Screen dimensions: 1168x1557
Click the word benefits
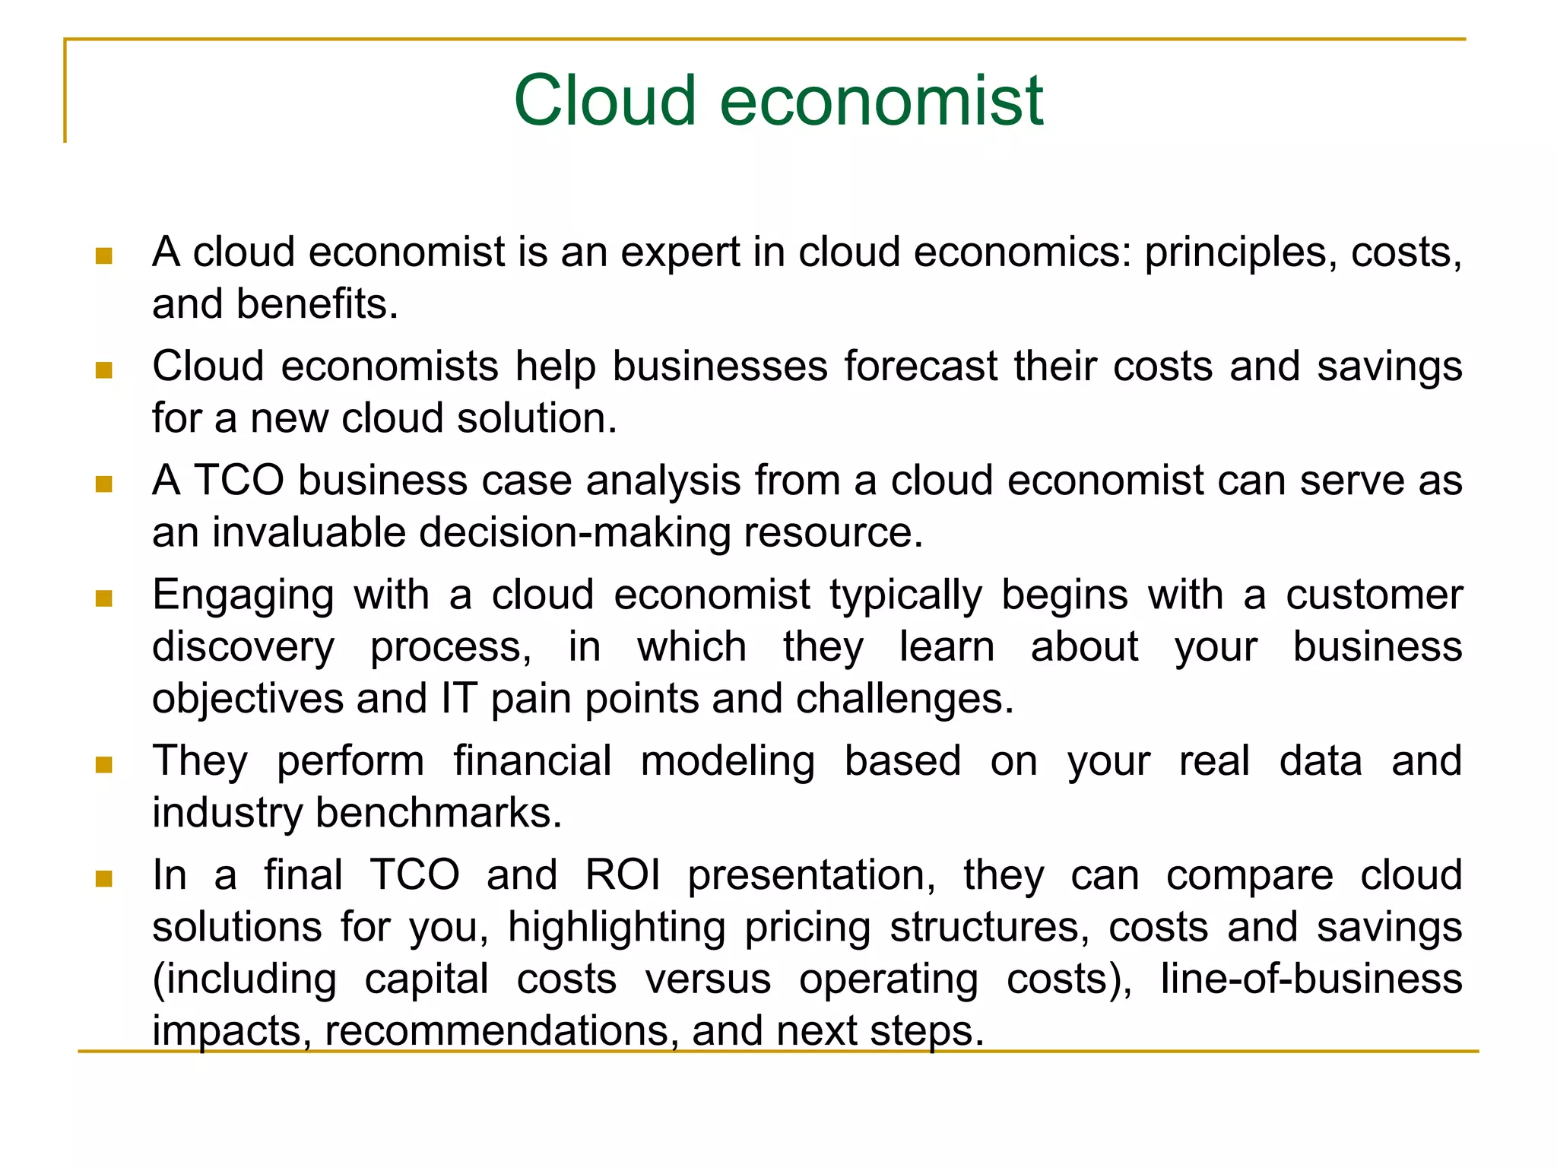[x=317, y=304]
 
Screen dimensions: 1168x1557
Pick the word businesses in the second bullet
[x=719, y=367]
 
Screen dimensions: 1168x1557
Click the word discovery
[x=243, y=648]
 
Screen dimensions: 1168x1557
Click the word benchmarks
[x=438, y=813]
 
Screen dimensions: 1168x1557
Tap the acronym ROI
[x=623, y=875]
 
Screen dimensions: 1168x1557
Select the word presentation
[x=811, y=876]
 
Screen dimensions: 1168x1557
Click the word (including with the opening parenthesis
[x=244, y=979]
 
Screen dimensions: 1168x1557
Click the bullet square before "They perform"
[x=104, y=764]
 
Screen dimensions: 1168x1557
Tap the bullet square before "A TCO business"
[x=104, y=484]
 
